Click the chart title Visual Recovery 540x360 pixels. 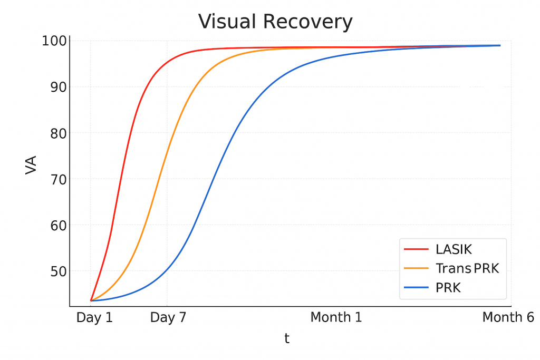click(x=275, y=22)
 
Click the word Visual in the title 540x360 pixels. click(x=227, y=22)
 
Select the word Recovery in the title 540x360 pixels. click(x=307, y=22)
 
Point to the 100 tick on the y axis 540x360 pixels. click(x=54, y=41)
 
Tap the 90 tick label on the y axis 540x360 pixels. click(x=57, y=87)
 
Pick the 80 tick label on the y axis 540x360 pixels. click(x=57, y=133)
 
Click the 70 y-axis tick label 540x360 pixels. click(x=57, y=179)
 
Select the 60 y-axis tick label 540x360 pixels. click(x=57, y=225)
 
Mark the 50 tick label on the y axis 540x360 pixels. click(x=57, y=271)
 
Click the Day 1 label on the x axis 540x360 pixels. click(x=94, y=317)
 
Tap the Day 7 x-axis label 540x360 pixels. click(x=169, y=317)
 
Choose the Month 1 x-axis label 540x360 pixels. click(x=336, y=317)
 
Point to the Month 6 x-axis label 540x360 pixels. click(x=508, y=317)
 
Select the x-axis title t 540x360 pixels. click(x=287, y=338)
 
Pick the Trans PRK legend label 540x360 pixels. click(x=467, y=269)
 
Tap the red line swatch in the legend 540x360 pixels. click(x=417, y=249)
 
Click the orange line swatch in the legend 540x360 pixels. click(x=417, y=269)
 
